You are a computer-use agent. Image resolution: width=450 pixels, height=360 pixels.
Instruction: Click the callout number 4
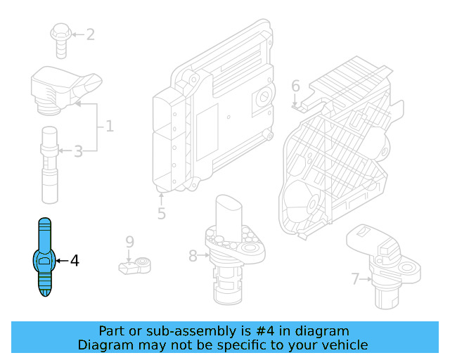pos(75,261)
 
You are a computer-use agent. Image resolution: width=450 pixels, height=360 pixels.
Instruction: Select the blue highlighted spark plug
pos(45,259)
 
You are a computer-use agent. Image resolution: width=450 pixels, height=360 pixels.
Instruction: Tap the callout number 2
pos(90,34)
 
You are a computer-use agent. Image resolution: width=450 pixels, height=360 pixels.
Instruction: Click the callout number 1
pos(109,127)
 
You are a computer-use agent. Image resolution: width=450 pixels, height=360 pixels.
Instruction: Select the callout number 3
pos(78,150)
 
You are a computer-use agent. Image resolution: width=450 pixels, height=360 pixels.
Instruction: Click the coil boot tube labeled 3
pos(49,162)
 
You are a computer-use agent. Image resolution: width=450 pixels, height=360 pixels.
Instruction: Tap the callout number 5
pos(161,213)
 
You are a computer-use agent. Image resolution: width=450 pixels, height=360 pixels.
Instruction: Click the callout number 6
pos(295,86)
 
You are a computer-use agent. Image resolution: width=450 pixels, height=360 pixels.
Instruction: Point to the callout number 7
pos(356,279)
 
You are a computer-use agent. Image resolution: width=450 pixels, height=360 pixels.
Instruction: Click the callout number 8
pos(193,256)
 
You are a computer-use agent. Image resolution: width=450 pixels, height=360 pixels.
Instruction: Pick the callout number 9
pos(129,242)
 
